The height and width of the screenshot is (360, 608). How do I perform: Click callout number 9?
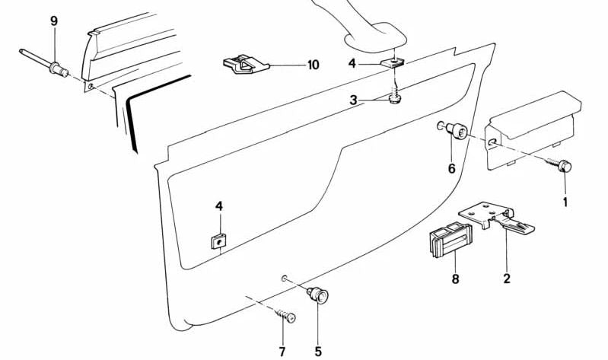53,21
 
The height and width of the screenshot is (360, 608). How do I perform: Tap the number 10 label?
313,65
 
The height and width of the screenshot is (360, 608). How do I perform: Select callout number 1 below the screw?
565,202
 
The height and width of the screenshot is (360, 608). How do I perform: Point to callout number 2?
506,279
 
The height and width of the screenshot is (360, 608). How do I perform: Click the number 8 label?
455,279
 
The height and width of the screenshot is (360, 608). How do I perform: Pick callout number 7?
282,351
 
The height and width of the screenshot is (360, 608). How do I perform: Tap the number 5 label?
318,351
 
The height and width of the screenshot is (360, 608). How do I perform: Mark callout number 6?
451,168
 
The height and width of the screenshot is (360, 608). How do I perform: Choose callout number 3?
352,100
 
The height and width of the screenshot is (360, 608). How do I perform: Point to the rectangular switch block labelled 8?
447,243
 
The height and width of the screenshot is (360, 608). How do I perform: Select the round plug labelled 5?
317,294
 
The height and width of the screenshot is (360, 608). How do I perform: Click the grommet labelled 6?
459,133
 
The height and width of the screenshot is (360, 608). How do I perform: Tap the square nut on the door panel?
218,241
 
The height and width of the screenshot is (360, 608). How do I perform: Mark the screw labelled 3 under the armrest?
394,99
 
